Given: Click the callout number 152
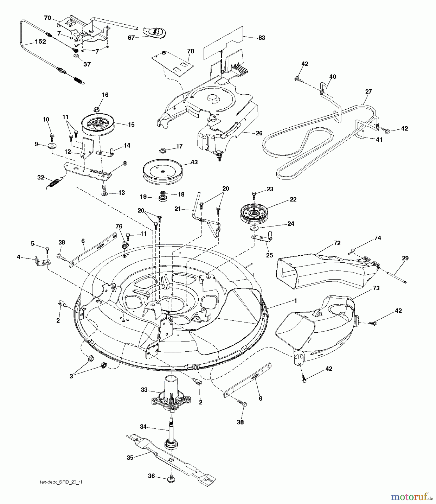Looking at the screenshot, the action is [40, 41].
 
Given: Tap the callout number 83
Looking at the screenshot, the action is [261, 38].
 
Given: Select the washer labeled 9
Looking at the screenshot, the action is [52, 146].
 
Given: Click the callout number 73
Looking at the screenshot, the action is [376, 288].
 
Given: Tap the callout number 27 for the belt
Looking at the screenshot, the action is [368, 92].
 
